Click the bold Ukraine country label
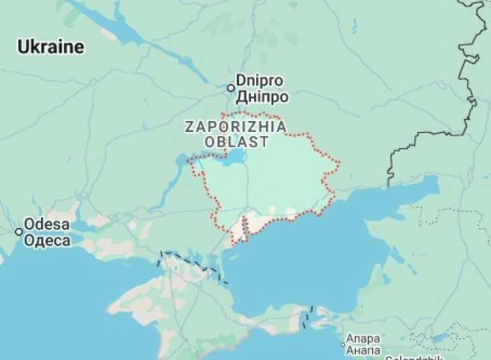(x=51, y=47)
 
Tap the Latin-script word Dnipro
(x=260, y=80)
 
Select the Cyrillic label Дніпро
(x=262, y=97)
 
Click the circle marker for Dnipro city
(x=231, y=88)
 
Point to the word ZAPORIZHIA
(x=235, y=127)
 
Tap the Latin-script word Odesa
(x=47, y=225)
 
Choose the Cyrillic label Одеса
(x=47, y=241)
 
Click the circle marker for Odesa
(x=19, y=231)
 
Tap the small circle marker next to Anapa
(x=343, y=345)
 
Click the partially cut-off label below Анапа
(x=404, y=357)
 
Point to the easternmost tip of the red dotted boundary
(x=339, y=162)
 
